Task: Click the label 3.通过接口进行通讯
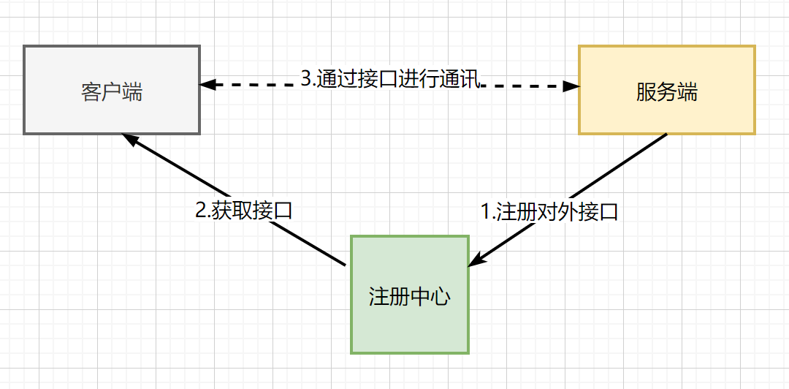pyautogui.click(x=390, y=79)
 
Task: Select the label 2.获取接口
pyautogui.click(x=244, y=211)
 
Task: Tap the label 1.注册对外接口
pyautogui.click(x=549, y=212)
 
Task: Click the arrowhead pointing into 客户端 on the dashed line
pyautogui.click(x=208, y=85)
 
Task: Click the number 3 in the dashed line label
pyautogui.click(x=306, y=79)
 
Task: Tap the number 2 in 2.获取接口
pyautogui.click(x=201, y=211)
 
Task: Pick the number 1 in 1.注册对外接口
pyautogui.click(x=486, y=212)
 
